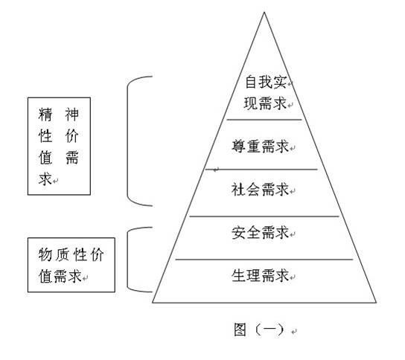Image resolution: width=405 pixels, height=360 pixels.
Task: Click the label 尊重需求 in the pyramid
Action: (x=260, y=147)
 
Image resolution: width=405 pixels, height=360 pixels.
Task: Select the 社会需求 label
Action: (x=260, y=190)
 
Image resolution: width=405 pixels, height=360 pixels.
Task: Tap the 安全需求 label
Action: (x=260, y=233)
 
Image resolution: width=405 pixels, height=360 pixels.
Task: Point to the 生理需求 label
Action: (x=260, y=275)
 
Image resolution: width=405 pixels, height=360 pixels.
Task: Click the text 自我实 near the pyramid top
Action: (x=266, y=82)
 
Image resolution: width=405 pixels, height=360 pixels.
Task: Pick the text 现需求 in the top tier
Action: (x=265, y=103)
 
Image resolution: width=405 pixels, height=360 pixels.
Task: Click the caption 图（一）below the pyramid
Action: (x=259, y=330)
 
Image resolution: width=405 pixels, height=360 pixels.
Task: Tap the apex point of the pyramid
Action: (x=264, y=13)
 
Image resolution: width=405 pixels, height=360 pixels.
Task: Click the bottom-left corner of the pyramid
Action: (x=153, y=302)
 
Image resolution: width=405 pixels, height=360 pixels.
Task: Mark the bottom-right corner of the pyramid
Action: (x=376, y=302)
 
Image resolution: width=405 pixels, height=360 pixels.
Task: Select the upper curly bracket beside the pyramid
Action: (x=127, y=141)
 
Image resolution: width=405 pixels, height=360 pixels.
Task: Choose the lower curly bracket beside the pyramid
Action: (x=127, y=260)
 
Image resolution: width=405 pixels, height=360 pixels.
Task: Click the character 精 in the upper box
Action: (x=45, y=115)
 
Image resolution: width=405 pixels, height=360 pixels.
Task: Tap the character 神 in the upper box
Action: (x=71, y=115)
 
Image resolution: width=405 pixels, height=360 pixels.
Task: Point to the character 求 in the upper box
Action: (x=45, y=179)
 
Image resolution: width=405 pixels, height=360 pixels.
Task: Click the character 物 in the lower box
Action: (x=45, y=254)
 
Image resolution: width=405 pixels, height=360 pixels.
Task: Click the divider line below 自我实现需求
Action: (x=264, y=120)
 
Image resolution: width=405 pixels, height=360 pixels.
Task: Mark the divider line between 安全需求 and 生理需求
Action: (x=264, y=260)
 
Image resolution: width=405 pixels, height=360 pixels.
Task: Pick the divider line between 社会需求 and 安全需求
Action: (x=264, y=216)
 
